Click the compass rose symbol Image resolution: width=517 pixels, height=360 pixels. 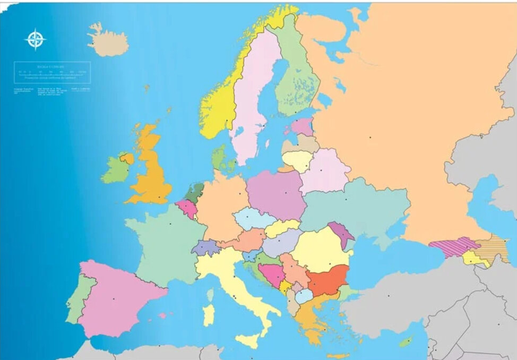click(36, 39)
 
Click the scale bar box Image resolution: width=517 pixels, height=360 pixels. click(52, 72)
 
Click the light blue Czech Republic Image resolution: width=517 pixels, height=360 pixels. click(254, 219)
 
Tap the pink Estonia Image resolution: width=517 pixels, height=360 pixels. click(303, 126)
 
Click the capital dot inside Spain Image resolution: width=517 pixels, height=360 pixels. click(113, 299)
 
